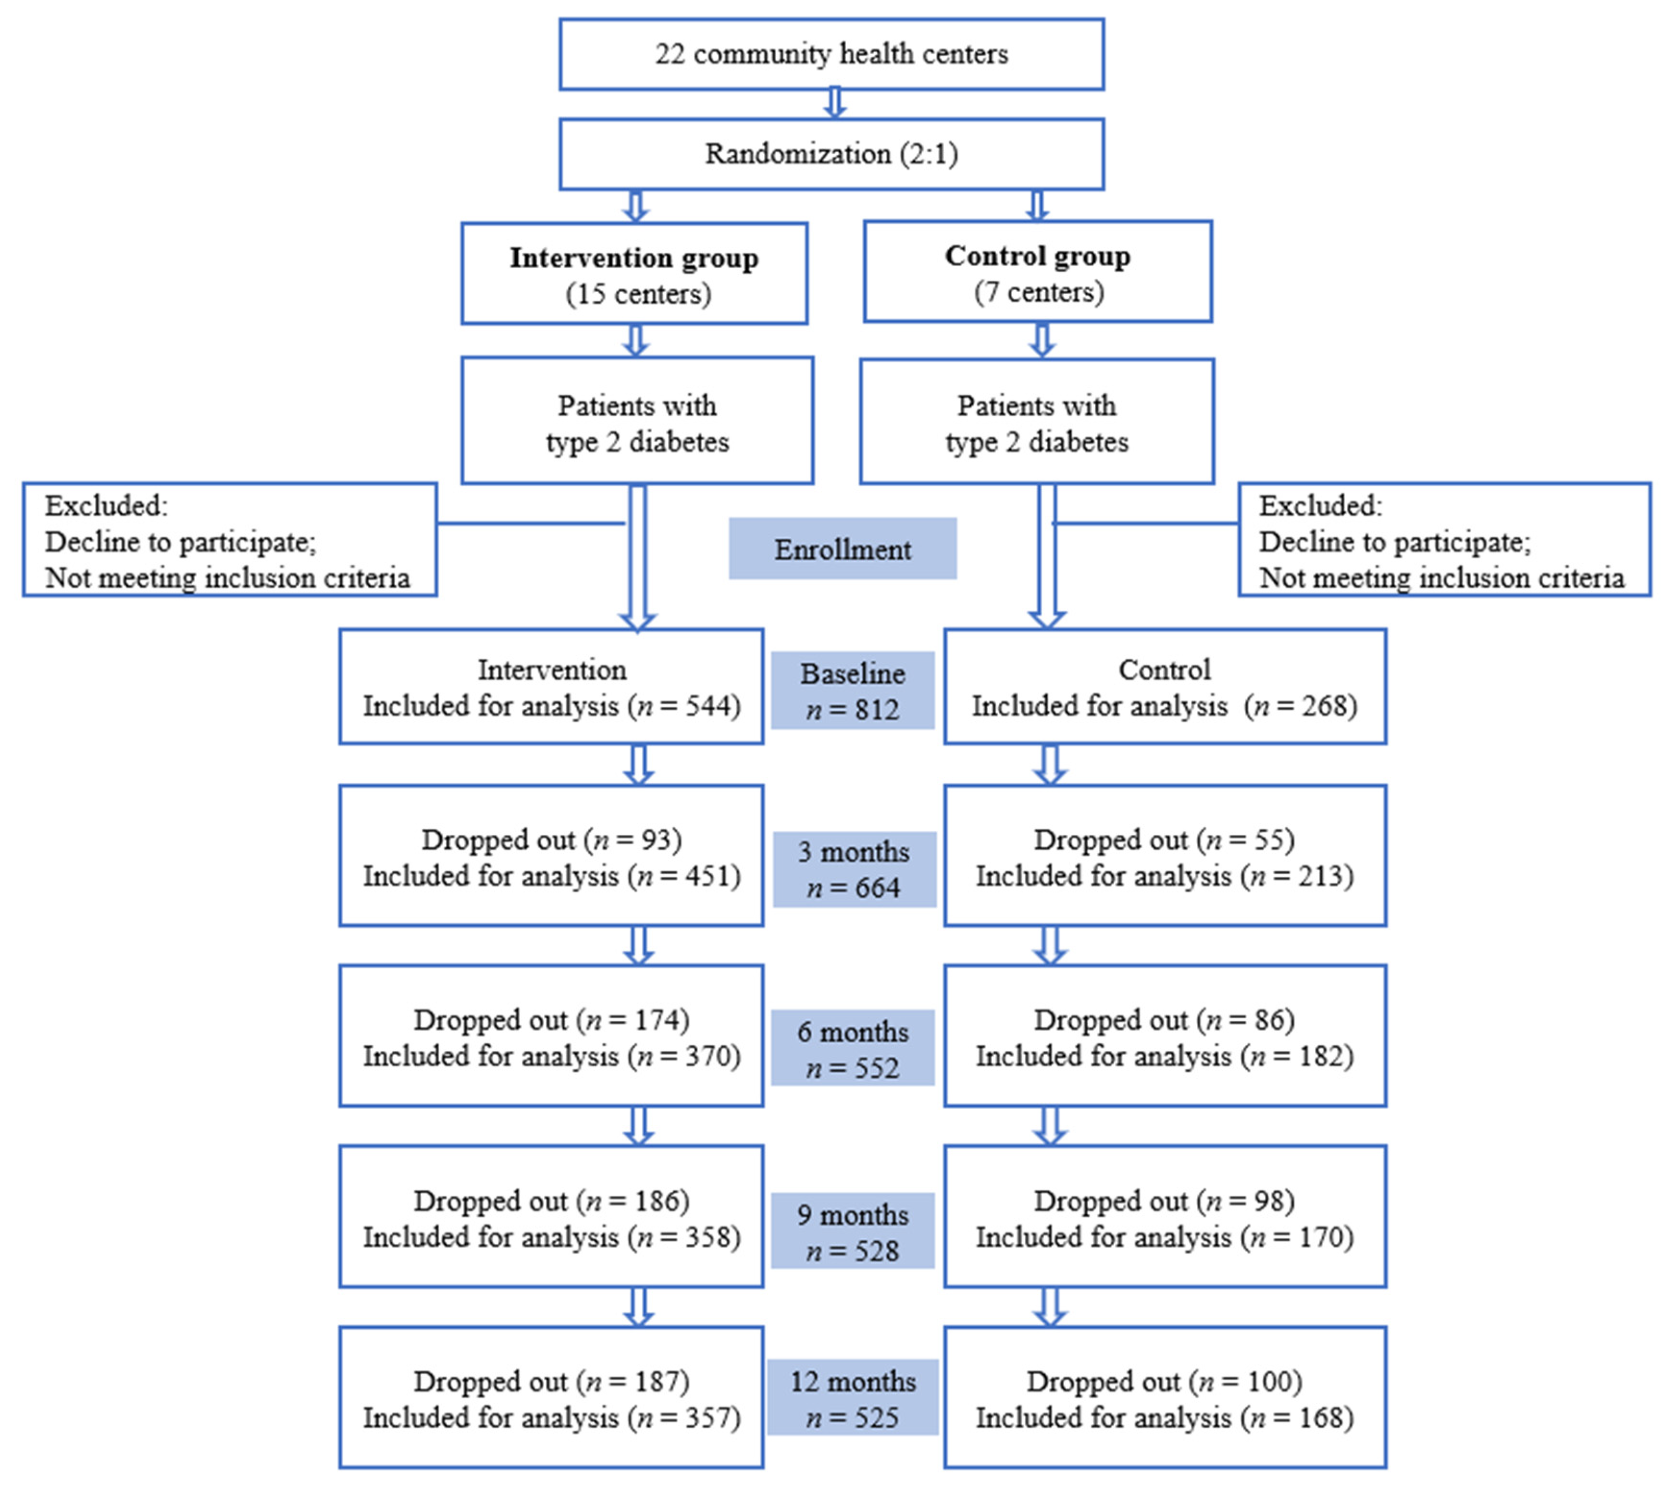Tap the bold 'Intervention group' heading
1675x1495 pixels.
point(633,258)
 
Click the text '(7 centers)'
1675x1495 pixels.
point(1038,293)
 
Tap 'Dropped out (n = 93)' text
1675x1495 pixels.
point(551,840)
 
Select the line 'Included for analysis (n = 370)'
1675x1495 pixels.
point(551,1056)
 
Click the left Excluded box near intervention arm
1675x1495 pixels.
point(229,540)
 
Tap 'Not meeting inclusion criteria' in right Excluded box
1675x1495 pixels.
point(1442,578)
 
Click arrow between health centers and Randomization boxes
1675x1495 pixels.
point(835,103)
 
